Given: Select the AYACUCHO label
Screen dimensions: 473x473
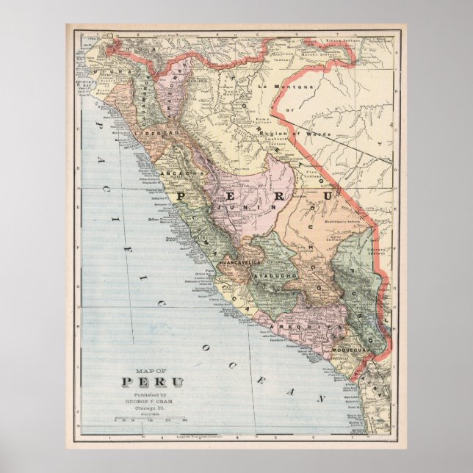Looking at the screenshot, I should [x=273, y=275].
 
